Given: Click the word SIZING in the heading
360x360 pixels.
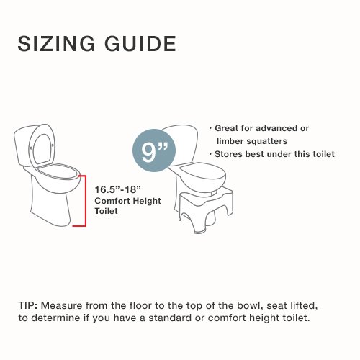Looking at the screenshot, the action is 57,43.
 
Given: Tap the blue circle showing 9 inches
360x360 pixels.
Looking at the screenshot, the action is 154,150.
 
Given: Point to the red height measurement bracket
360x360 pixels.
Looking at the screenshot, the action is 85,201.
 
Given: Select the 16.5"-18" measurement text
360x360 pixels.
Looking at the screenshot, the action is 117,189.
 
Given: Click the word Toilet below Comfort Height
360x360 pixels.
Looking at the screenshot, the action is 106,211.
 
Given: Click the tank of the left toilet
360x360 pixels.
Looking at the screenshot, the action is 23,149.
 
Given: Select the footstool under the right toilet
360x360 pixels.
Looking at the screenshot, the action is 206,210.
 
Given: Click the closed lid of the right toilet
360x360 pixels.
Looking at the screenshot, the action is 204,170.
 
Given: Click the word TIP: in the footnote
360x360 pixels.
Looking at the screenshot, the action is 27,305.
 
